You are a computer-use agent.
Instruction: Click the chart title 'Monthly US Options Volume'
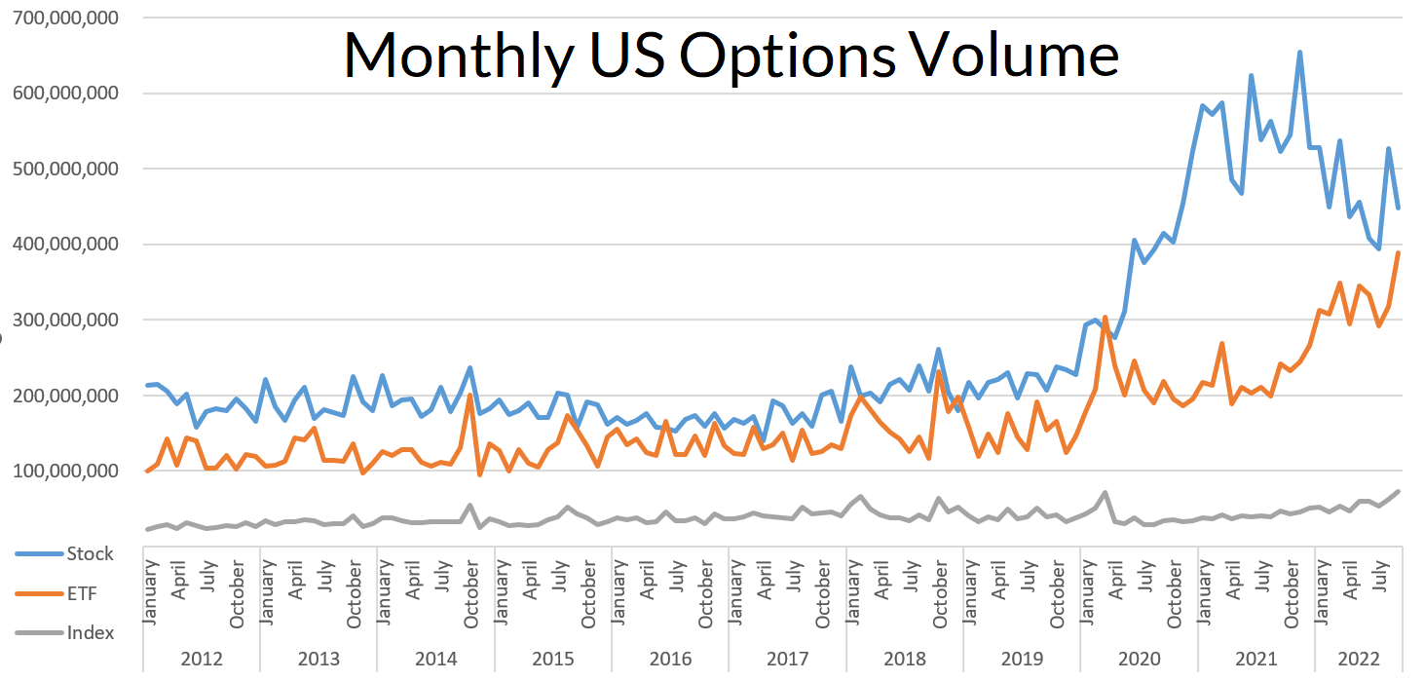coord(731,55)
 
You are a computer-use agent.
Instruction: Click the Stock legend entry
coord(90,553)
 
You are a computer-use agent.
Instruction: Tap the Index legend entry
coord(90,632)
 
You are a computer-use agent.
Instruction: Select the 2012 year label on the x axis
coord(202,660)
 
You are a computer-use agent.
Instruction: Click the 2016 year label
coord(670,660)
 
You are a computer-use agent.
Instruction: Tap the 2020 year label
coord(1139,660)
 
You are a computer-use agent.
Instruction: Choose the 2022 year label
coord(1359,660)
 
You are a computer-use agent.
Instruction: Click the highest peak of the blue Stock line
coord(1299,53)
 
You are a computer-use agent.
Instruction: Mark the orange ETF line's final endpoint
coord(1399,252)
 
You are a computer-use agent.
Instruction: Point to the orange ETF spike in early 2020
coord(1105,318)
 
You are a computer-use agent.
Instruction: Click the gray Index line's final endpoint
coord(1399,491)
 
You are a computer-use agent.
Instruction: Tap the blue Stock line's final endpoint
coord(1399,208)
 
